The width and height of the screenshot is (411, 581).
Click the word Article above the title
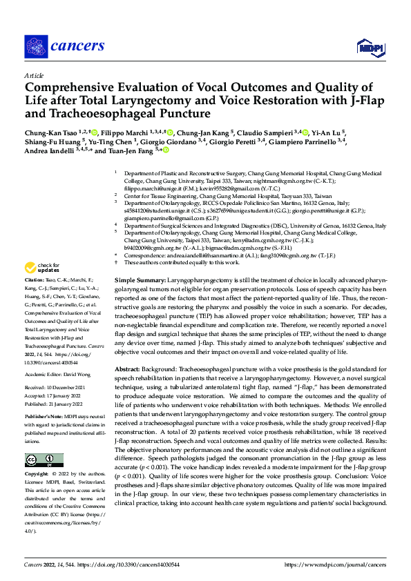(x=33, y=75)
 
